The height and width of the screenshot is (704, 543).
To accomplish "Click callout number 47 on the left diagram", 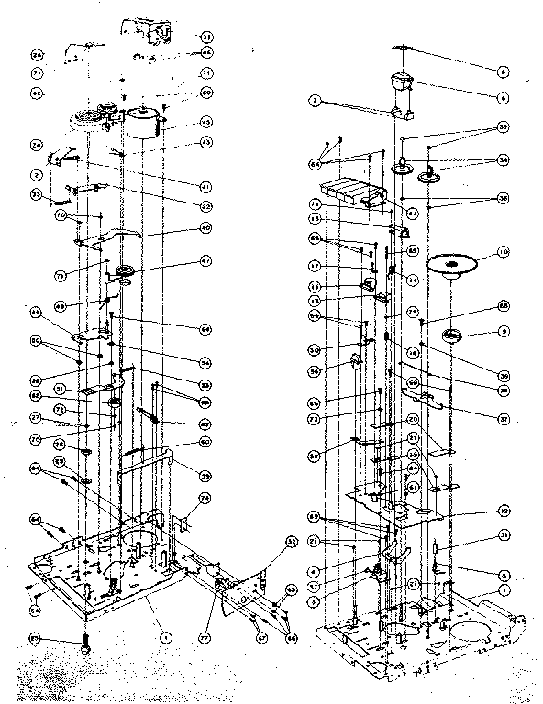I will coord(205,261).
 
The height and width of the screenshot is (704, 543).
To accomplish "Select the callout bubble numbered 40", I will coord(205,227).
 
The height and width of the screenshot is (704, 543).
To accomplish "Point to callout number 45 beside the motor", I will coord(205,122).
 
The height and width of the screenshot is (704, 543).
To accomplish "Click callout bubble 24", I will coord(37,145).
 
